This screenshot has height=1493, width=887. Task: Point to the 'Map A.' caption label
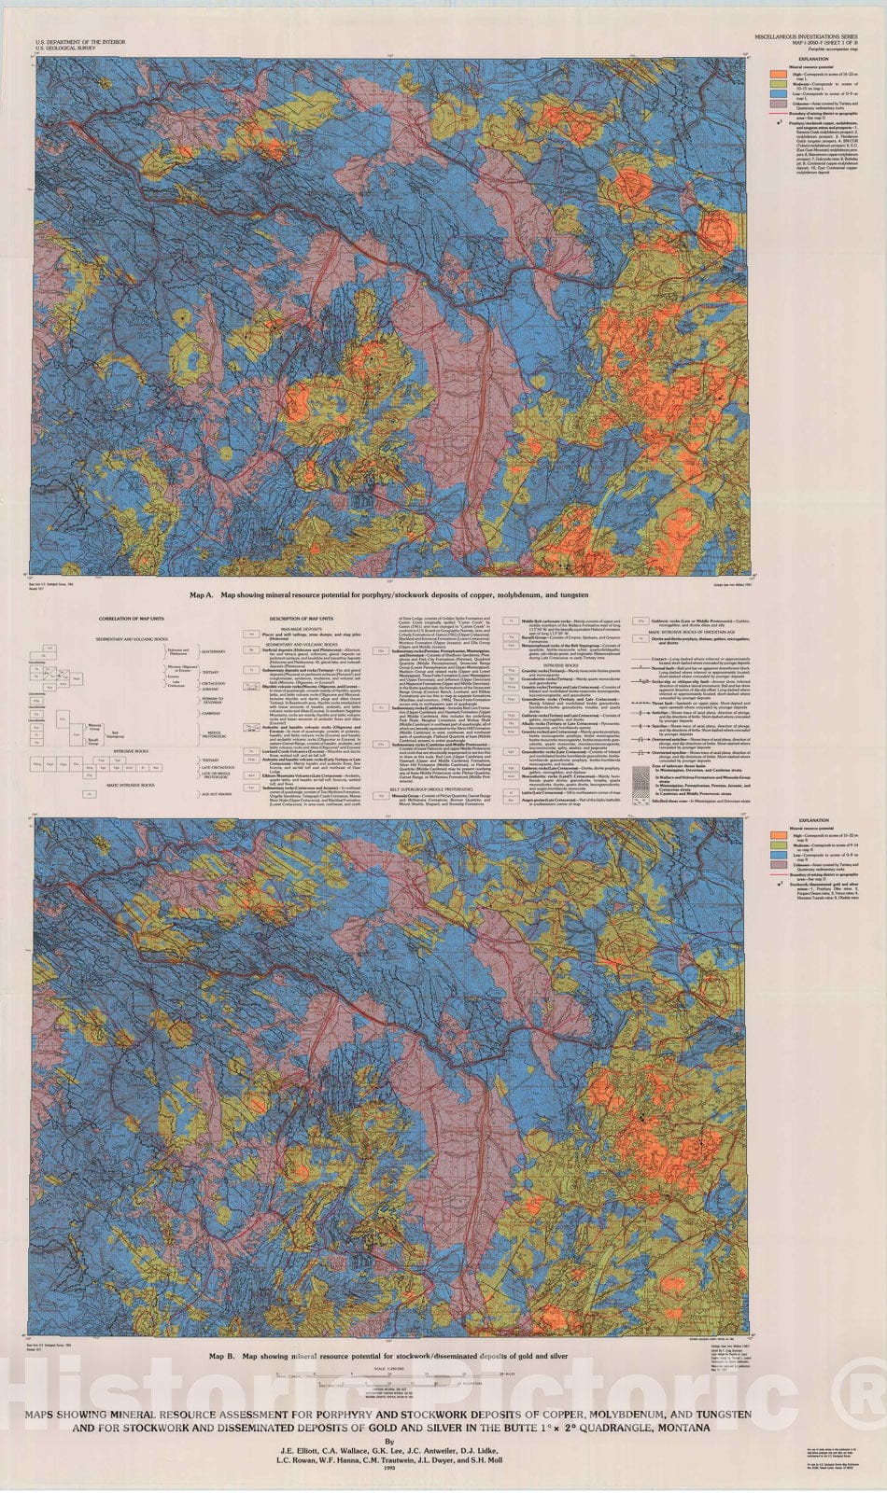(203, 593)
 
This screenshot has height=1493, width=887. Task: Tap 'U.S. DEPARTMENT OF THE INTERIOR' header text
(77, 43)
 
